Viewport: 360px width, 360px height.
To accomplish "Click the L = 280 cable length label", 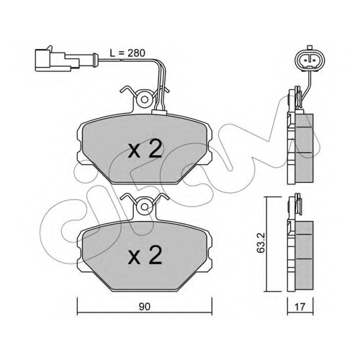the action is [127, 53].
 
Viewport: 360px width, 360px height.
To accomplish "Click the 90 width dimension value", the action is [144, 307].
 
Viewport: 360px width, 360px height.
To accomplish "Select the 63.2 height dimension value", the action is [260, 243].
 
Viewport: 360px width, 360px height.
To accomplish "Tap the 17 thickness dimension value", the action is [300, 307].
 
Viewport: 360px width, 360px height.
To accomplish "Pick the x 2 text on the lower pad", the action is [145, 255].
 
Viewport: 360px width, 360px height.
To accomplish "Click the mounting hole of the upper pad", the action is [144, 99].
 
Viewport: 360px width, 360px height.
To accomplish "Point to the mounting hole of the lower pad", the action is [144, 207].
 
